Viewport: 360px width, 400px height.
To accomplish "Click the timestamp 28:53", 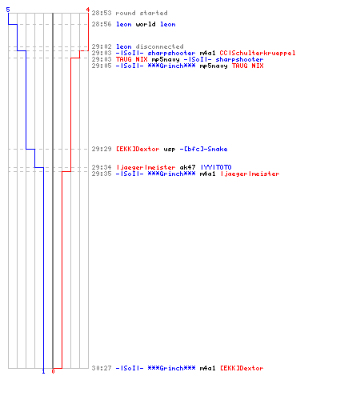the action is pyautogui.click(x=102, y=13).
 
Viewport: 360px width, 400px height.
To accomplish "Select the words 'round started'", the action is pyautogui.click(x=142, y=13).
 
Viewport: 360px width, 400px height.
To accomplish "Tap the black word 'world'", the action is pyautogui.click(x=146, y=24).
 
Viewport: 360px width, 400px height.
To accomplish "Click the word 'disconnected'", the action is pyautogui.click(x=159, y=46).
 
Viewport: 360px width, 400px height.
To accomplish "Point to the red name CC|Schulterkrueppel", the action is pyautogui.click(x=258, y=53).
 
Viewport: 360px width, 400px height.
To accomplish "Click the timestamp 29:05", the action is pyautogui.click(x=102, y=66).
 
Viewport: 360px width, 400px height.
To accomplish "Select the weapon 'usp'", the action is pyautogui.click(x=170, y=149).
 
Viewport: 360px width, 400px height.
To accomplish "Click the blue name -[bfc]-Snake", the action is pyautogui.click(x=203, y=149).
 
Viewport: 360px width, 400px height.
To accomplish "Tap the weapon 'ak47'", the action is pyautogui.click(x=187, y=167).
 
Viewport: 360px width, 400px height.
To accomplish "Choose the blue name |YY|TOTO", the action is pyautogui.click(x=216, y=167).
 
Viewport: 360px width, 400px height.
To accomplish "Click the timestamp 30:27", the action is pyautogui.click(x=102, y=368).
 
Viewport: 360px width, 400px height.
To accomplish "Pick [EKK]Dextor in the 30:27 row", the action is pyautogui.click(x=242, y=368).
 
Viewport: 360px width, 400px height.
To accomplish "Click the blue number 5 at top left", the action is pyautogui.click(x=8, y=10).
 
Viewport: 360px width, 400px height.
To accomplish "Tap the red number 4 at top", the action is pyautogui.click(x=88, y=10).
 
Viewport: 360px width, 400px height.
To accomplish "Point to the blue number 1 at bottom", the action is pyautogui.click(x=43, y=371).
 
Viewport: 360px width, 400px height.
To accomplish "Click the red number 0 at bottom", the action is pyautogui.click(x=53, y=371).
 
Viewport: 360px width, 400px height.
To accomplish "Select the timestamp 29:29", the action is pyautogui.click(x=102, y=149).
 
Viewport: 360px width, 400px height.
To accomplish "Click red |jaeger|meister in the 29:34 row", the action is pyautogui.click(x=146, y=167).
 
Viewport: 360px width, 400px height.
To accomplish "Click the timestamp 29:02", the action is pyautogui.click(x=102, y=46).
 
